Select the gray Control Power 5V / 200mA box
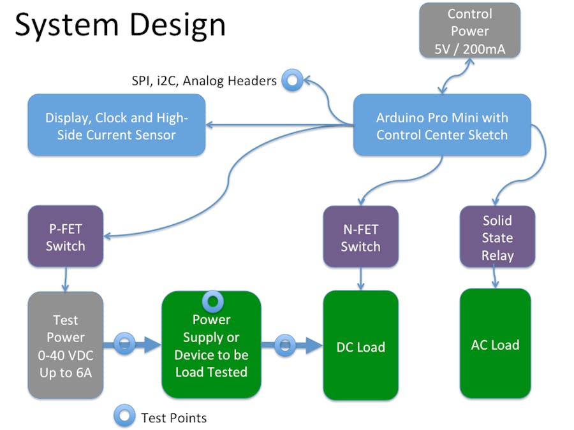(x=469, y=31)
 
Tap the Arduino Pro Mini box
(x=441, y=125)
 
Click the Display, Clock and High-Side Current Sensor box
(x=116, y=125)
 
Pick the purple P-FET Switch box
(x=65, y=236)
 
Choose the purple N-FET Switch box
(x=360, y=237)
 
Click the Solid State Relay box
(x=497, y=238)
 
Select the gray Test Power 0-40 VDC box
(x=65, y=346)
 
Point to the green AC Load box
(x=495, y=344)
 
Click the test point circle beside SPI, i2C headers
(x=293, y=80)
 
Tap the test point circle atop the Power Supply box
(x=212, y=299)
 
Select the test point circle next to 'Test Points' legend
(x=124, y=417)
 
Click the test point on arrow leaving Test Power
(x=124, y=345)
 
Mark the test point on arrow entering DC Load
(x=285, y=345)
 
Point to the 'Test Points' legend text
(x=173, y=418)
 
